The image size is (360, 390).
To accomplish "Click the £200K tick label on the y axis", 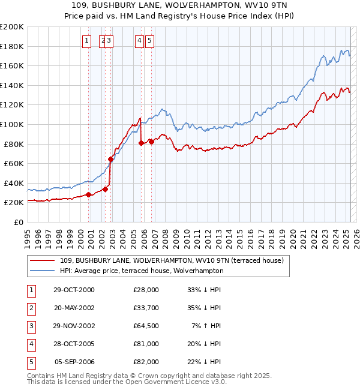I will click(x=12, y=27).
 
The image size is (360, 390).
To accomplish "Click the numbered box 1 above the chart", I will click(x=87, y=41).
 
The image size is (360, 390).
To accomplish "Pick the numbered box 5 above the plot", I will click(x=149, y=41).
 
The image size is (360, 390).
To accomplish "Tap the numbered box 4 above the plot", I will click(x=139, y=41).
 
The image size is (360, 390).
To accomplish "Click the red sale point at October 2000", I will click(x=88, y=194).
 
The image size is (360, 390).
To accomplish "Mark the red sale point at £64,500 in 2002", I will click(x=111, y=159).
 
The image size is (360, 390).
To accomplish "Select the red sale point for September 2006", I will click(x=152, y=142).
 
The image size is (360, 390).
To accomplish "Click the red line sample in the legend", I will click(x=42, y=260).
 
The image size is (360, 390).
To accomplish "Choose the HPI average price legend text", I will click(x=141, y=271).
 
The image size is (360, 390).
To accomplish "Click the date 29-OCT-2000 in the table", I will click(x=74, y=290).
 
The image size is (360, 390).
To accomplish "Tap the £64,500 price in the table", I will click(x=146, y=326).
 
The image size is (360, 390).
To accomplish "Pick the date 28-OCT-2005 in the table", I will click(x=74, y=344).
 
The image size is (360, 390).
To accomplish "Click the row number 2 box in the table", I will click(x=31, y=308).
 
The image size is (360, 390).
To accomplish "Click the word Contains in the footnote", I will click(x=41, y=376).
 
